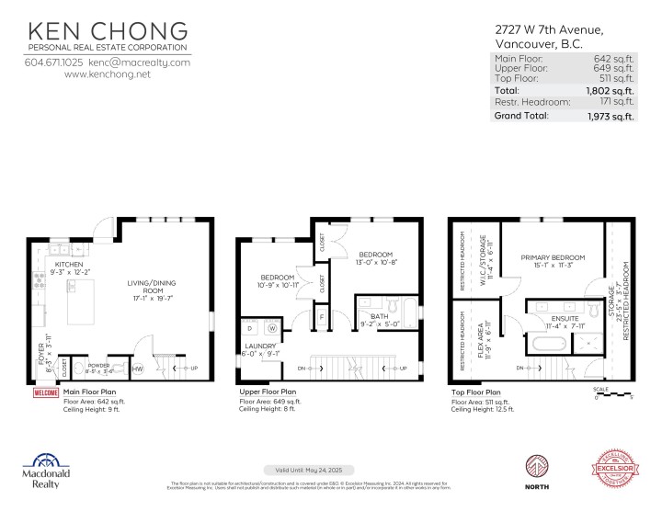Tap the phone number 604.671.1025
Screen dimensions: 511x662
click(x=53, y=62)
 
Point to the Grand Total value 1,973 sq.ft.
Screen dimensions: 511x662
click(x=611, y=116)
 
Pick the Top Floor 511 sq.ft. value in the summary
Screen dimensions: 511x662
click(x=619, y=79)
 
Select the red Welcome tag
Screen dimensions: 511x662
click(x=46, y=392)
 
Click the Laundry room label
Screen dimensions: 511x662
click(x=257, y=348)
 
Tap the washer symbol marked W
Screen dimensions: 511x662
click(x=273, y=327)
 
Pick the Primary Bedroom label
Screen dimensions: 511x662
click(x=546, y=258)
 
